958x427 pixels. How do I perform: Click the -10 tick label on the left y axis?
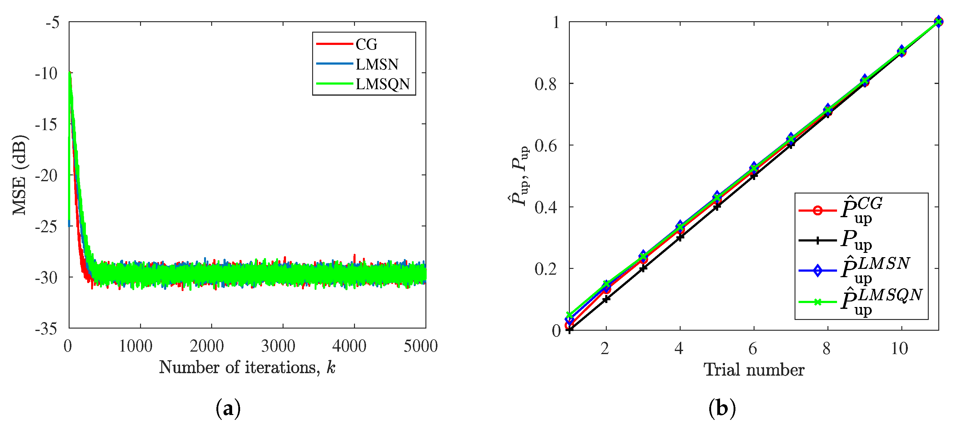coord(46,74)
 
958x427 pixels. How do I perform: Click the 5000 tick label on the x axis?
coord(421,346)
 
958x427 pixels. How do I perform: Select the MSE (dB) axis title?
coord(19,175)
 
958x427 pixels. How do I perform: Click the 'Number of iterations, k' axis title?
coord(247,368)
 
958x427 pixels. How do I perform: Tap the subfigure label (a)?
coord(228,409)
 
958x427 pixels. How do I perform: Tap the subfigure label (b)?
coord(722,409)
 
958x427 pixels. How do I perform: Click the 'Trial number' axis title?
coord(754,370)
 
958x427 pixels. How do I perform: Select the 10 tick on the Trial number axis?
coord(899,349)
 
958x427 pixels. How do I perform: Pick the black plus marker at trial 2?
coord(606,299)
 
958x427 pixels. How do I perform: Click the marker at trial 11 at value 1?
coord(938,22)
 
